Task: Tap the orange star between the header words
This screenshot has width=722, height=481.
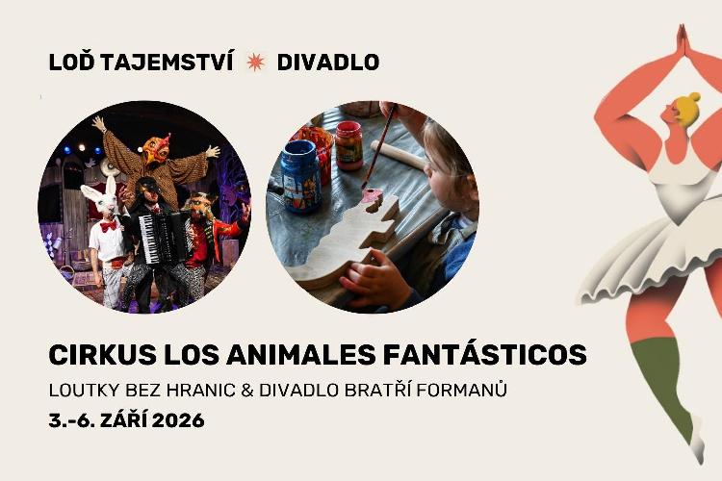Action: tap(255, 63)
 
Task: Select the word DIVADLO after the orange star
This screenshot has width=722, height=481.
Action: tap(328, 63)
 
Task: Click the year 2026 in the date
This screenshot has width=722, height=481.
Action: tap(178, 420)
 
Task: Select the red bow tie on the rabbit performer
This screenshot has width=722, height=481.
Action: tap(109, 226)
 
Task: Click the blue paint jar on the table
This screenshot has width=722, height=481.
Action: tap(300, 177)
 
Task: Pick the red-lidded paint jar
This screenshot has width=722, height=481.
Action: tap(348, 145)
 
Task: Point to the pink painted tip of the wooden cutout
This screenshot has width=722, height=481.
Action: tap(372, 195)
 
